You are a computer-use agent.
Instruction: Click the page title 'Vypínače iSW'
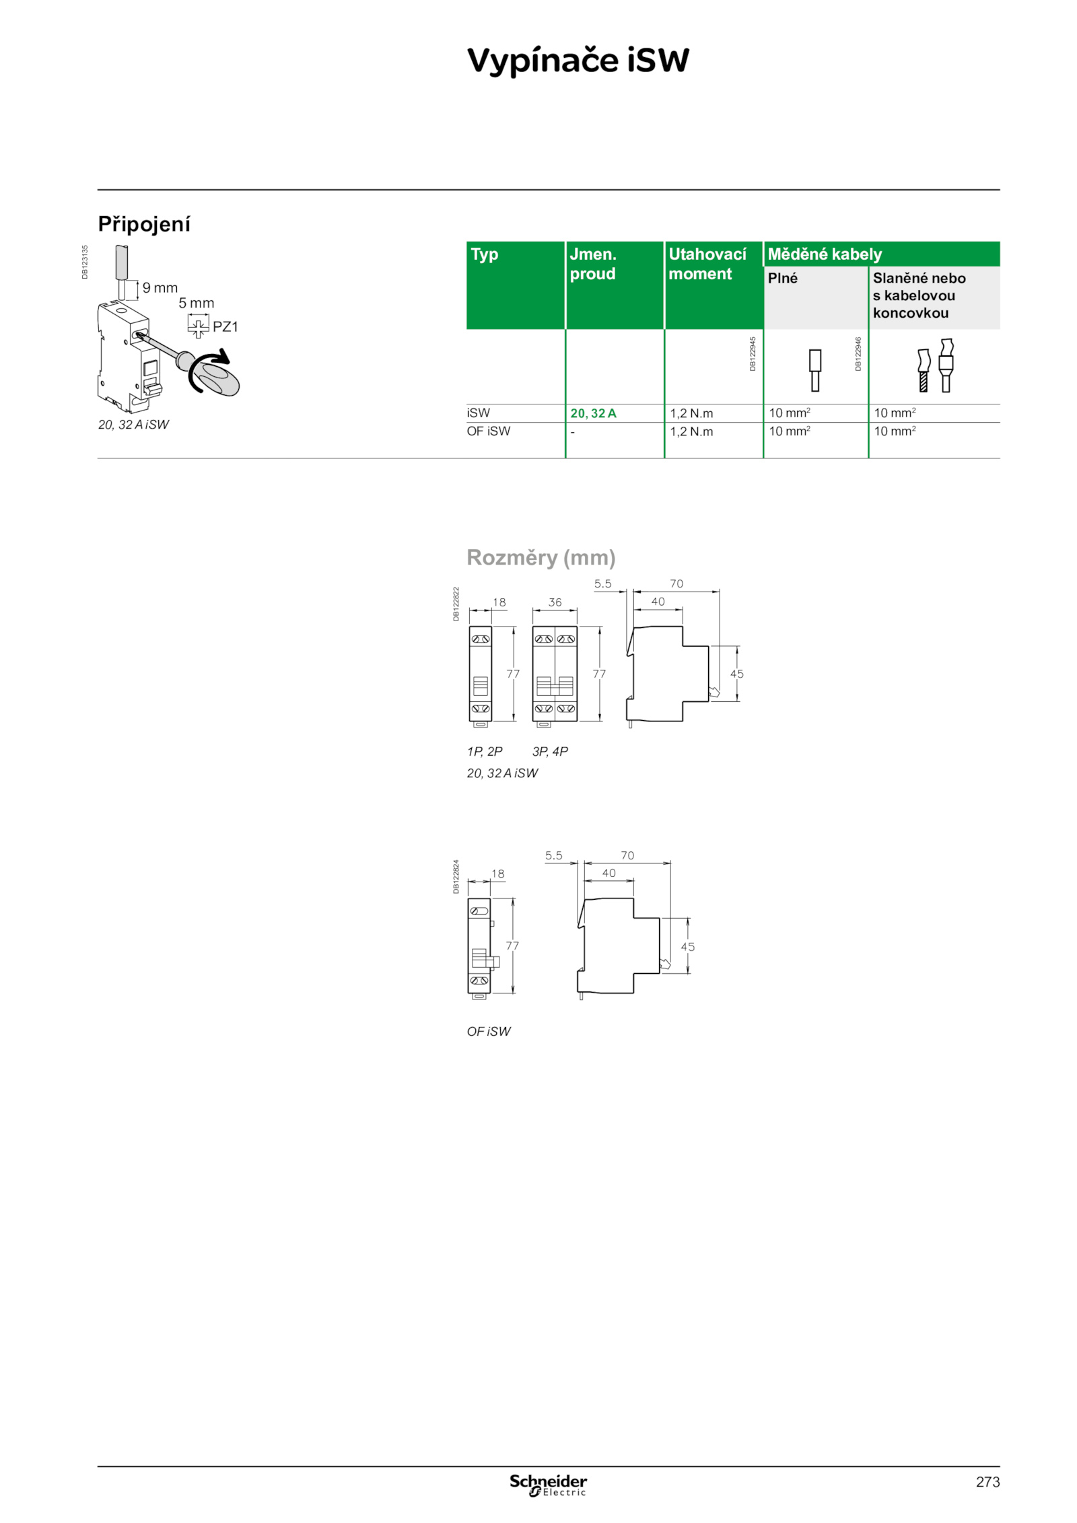pyautogui.click(x=578, y=61)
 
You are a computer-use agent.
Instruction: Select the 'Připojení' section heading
pyautogui.click(x=144, y=224)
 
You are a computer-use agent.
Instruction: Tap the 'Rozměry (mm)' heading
pyautogui.click(x=541, y=557)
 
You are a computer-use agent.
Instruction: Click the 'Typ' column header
pyautogui.click(x=485, y=254)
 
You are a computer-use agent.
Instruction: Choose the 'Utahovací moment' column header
pyautogui.click(x=707, y=264)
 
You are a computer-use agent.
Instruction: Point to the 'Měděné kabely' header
pyautogui.click(x=825, y=254)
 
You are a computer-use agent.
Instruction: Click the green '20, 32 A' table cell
pyautogui.click(x=593, y=413)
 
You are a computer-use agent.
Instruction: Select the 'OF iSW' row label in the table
pyautogui.click(x=489, y=431)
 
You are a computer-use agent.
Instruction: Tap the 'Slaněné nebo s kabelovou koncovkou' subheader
pyautogui.click(x=919, y=295)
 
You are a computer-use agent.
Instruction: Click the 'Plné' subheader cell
pyautogui.click(x=783, y=278)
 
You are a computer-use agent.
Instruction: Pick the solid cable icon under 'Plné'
pyautogui.click(x=815, y=370)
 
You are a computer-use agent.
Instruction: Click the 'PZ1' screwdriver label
pyautogui.click(x=225, y=327)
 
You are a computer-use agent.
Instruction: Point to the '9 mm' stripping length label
pyautogui.click(x=160, y=288)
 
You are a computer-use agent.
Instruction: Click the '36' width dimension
pyautogui.click(x=555, y=602)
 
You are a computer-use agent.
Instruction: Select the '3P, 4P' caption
pyautogui.click(x=550, y=751)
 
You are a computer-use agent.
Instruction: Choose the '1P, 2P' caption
pyautogui.click(x=485, y=751)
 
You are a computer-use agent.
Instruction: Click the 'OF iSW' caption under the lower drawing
pyautogui.click(x=489, y=1031)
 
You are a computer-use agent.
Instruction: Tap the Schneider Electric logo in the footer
pyautogui.click(x=548, y=1485)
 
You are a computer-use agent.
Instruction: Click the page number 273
pyautogui.click(x=987, y=1482)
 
